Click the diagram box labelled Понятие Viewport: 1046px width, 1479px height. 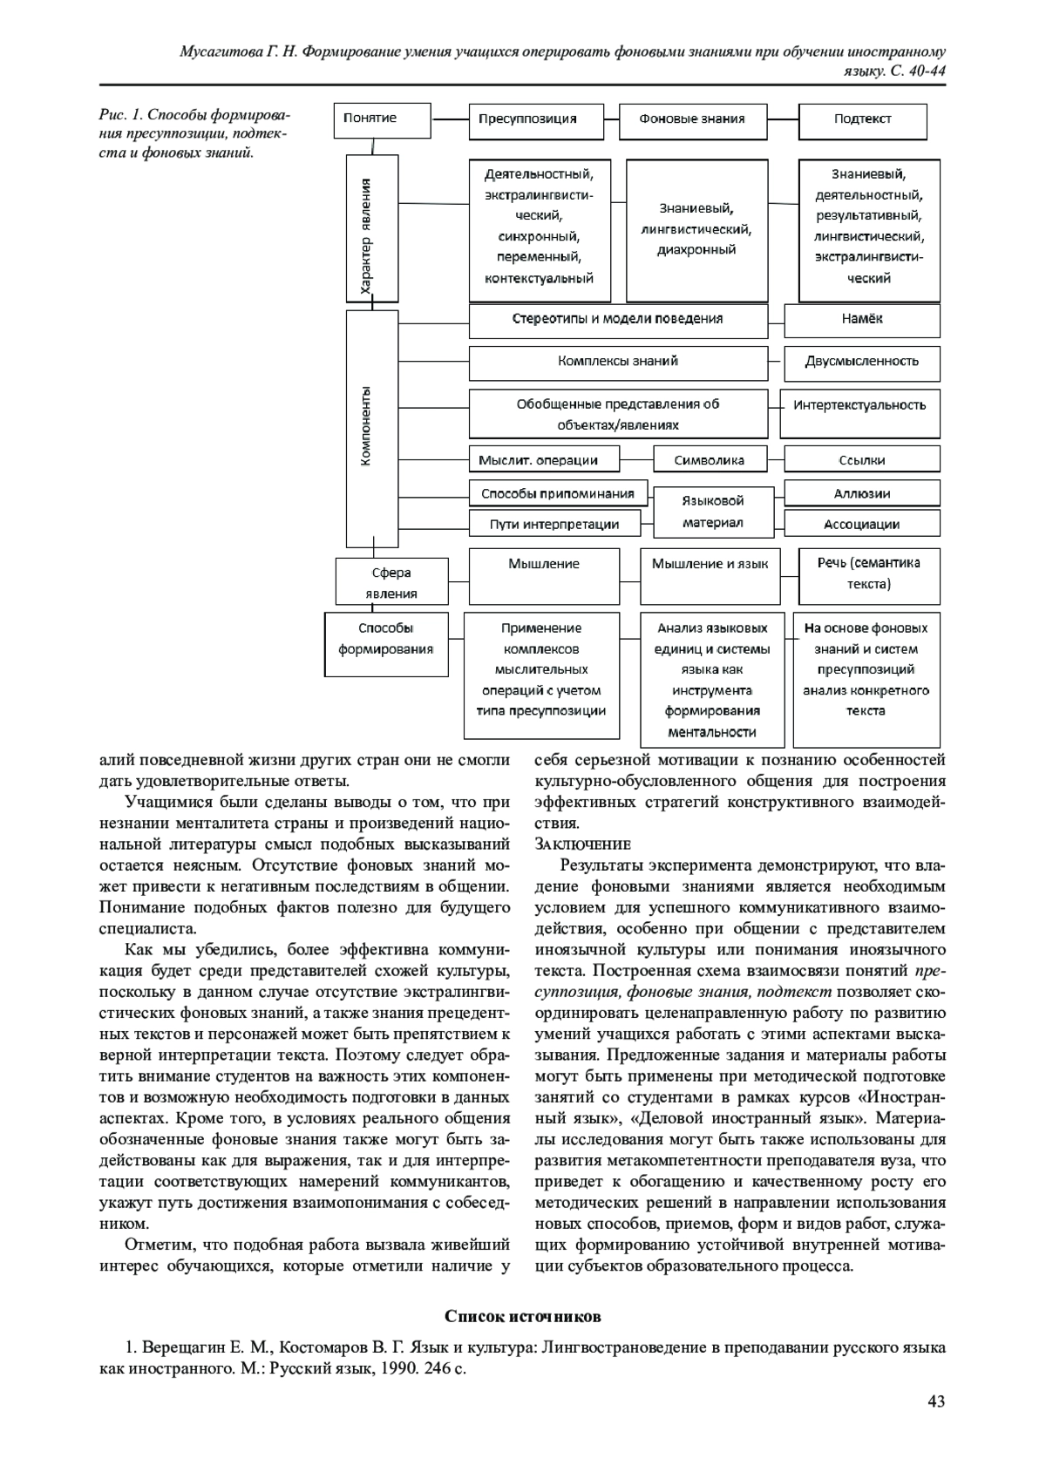click(382, 120)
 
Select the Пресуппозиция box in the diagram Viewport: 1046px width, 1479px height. click(535, 120)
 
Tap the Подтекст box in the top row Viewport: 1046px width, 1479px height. click(862, 120)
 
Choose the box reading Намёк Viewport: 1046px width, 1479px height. click(862, 320)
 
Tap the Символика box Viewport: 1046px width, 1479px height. click(710, 460)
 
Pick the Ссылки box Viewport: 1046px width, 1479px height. click(862, 460)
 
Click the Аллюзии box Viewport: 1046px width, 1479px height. click(862, 494)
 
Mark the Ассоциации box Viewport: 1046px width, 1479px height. click(862, 525)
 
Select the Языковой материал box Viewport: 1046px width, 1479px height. click(712, 512)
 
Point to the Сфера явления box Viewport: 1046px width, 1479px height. click(391, 583)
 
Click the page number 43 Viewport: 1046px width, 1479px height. click(936, 1401)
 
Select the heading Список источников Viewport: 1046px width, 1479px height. click(522, 1316)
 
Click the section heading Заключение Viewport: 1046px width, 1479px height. click(581, 845)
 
